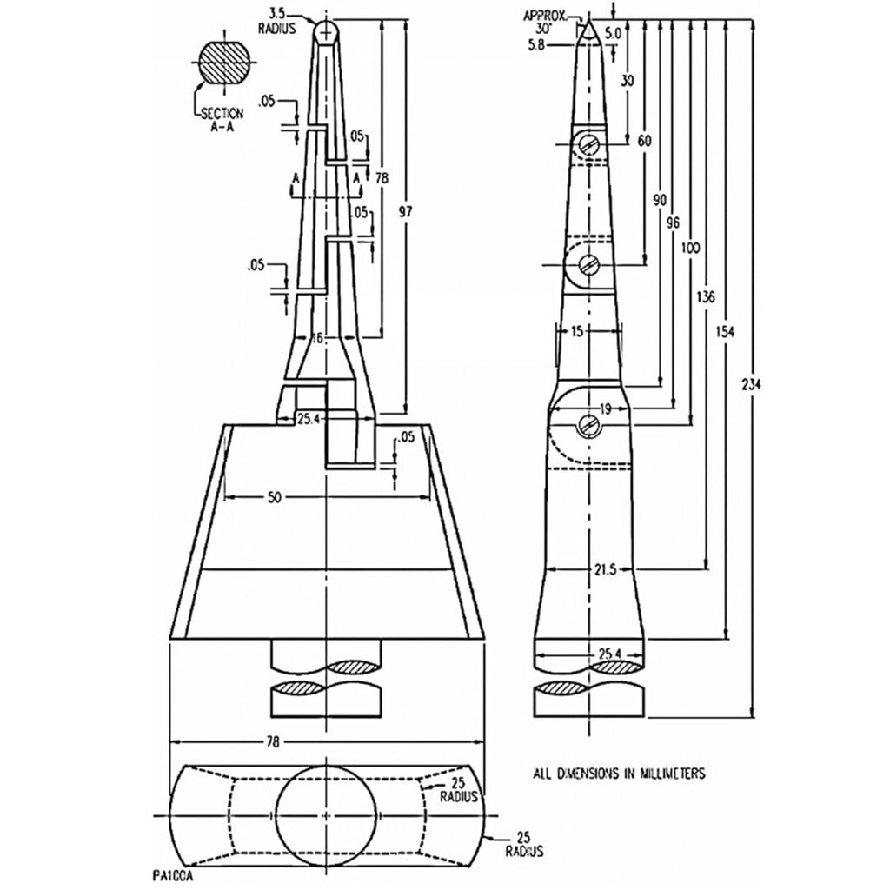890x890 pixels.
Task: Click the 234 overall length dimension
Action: click(751, 384)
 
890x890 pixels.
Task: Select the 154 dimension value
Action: click(725, 330)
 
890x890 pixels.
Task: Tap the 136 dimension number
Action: click(706, 297)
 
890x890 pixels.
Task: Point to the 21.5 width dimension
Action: click(606, 569)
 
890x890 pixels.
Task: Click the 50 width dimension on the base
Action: click(274, 498)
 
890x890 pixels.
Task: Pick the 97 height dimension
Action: click(405, 212)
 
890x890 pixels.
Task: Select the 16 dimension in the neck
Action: click(316, 338)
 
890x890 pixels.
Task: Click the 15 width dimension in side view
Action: click(577, 331)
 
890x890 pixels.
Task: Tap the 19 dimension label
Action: click(605, 408)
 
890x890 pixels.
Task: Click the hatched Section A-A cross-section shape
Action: click(224, 61)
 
